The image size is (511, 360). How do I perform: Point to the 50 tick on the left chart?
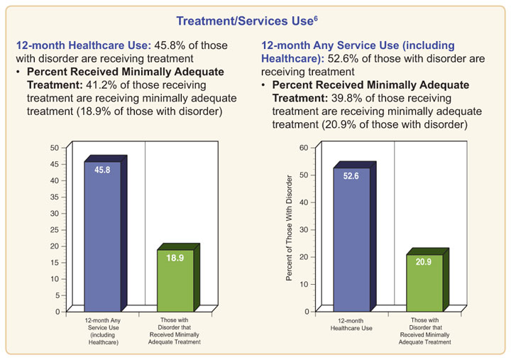54,148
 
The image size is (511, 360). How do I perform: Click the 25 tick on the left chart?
54,229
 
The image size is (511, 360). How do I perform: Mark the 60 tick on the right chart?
303,148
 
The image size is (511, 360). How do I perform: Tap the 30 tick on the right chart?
303,229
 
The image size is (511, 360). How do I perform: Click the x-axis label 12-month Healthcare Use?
351,325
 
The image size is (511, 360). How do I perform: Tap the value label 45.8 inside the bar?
102,171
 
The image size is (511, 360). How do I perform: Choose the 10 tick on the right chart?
303,284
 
